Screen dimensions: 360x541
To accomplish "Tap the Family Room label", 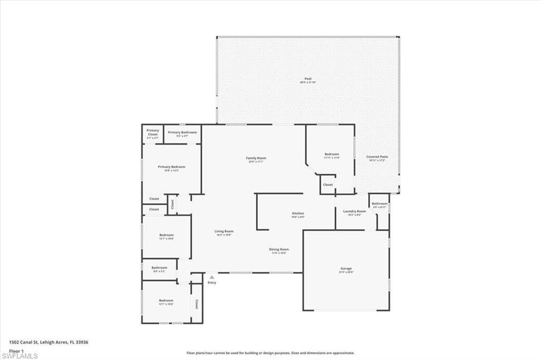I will (256, 158).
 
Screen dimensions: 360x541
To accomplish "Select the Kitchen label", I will (298, 213).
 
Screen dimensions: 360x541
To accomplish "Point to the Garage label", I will (346, 269).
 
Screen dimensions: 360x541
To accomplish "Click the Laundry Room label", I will (355, 211).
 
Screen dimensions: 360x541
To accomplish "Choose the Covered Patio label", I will (376, 157).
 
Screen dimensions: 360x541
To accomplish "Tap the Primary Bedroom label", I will (171, 167).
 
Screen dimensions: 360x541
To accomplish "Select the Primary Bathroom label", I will (182, 132).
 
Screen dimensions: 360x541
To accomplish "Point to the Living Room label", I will (224, 231).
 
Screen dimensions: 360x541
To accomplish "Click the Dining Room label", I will (279, 249).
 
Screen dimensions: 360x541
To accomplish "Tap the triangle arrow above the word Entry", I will (212, 277).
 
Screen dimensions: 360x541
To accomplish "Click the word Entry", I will (212, 283).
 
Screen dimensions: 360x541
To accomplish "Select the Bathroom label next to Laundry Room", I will (379, 204).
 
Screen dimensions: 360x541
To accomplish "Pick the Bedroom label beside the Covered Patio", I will (332, 154).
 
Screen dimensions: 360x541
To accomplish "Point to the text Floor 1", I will (16, 350).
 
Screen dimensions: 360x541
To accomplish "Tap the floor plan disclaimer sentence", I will (270, 353).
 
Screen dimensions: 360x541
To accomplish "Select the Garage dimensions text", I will (346, 272).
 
